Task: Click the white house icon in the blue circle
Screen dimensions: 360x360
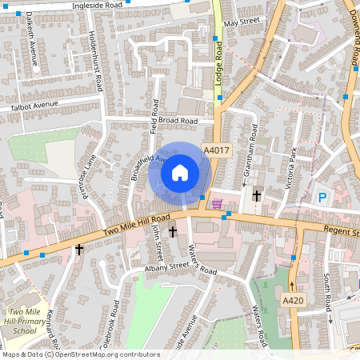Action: tap(180, 172)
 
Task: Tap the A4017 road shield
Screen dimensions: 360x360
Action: tap(215, 150)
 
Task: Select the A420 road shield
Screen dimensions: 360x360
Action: tap(294, 299)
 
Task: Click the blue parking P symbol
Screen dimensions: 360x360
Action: tap(322, 198)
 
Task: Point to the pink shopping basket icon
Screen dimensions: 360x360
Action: tap(217, 204)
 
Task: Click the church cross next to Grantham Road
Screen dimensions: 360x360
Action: tap(257, 195)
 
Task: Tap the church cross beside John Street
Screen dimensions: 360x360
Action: tap(172, 232)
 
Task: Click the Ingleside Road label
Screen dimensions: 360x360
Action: tap(97, 5)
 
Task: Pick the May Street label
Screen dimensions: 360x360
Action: tap(242, 22)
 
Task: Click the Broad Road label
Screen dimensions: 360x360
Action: tap(177, 121)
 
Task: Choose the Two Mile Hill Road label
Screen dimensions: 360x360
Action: tap(138, 225)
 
